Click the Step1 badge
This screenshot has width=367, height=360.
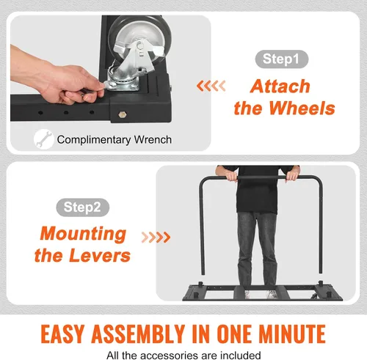pyautogui.click(x=282, y=59)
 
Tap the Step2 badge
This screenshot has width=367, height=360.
pyautogui.click(x=83, y=207)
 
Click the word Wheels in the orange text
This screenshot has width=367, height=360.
pyautogui.click(x=302, y=108)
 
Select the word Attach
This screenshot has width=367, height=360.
pyautogui.click(x=280, y=87)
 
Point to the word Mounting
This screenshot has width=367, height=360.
pyautogui.click(x=83, y=234)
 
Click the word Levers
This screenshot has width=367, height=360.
pyautogui.click(x=100, y=255)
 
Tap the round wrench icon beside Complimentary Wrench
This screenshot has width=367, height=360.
pyautogui.click(x=43, y=139)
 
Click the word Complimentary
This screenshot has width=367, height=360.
pyautogui.click(x=94, y=140)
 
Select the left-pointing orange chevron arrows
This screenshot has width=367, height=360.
pyautogui.click(x=211, y=86)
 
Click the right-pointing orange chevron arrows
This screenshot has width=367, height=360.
pyautogui.click(x=156, y=237)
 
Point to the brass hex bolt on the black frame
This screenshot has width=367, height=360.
pyautogui.click(x=121, y=114)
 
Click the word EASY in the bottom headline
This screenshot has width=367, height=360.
pyautogui.click(x=62, y=334)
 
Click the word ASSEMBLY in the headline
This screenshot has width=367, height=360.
pyautogui.click(x=138, y=334)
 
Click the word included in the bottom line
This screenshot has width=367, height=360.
pyautogui.click(x=240, y=355)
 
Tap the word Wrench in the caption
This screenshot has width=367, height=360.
pyautogui.click(x=153, y=140)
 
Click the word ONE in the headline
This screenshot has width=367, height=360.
pyautogui.click(x=235, y=334)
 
